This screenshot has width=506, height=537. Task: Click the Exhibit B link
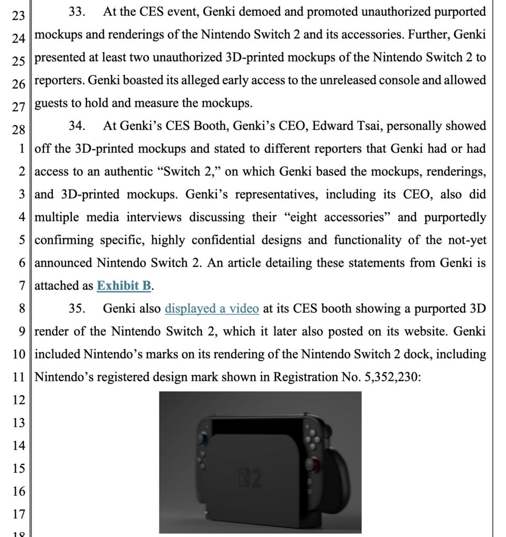click(124, 286)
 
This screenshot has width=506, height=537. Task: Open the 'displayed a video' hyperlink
click(212, 308)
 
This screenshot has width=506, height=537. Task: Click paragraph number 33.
click(77, 12)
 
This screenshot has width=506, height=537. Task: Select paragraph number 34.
click(77, 126)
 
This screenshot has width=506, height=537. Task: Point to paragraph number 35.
click(77, 308)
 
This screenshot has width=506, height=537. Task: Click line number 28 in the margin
click(18, 129)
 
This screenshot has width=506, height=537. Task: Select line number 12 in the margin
click(18, 401)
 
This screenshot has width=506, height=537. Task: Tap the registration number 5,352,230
click(389, 377)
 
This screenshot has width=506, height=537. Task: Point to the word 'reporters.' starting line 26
click(59, 81)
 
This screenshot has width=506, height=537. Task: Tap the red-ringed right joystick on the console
click(313, 465)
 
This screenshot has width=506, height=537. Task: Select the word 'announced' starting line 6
click(63, 263)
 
